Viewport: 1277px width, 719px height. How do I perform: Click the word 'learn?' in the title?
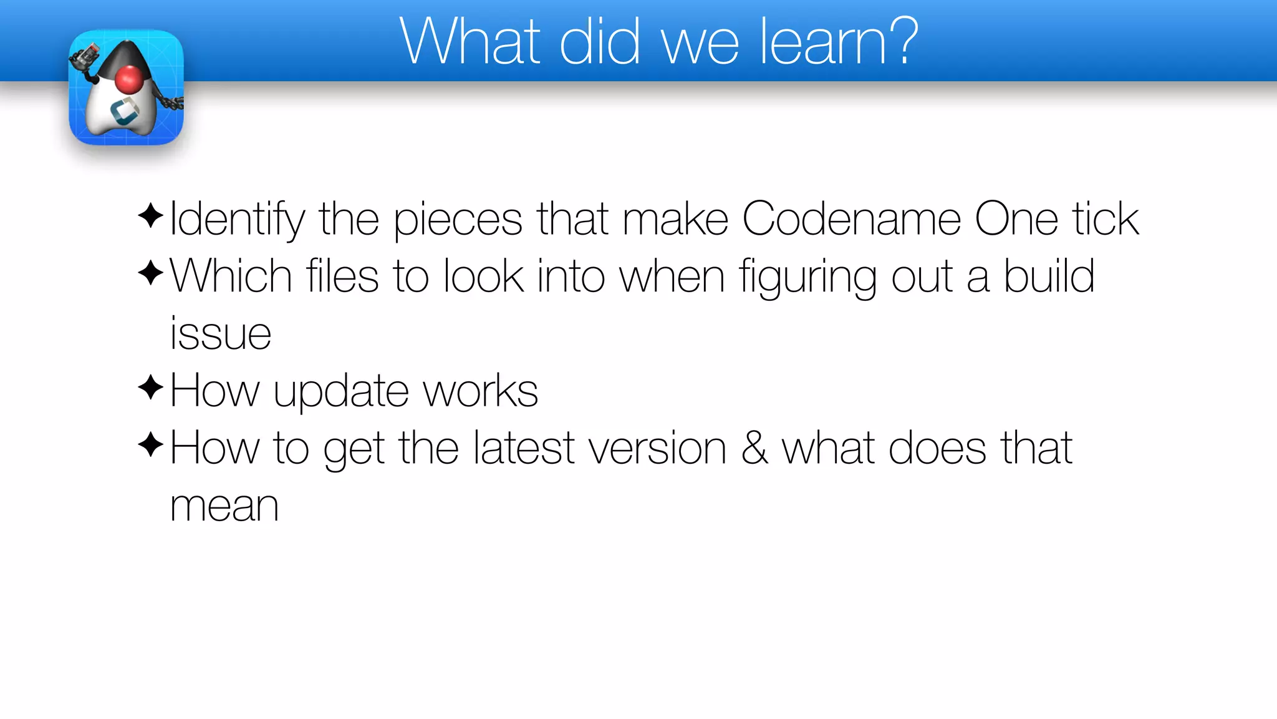point(839,42)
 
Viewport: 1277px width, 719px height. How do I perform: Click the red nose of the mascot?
point(130,80)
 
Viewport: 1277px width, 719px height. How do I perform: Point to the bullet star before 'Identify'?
point(150,216)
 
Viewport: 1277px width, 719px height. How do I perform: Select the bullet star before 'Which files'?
point(150,273)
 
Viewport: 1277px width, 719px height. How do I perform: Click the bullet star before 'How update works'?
point(150,388)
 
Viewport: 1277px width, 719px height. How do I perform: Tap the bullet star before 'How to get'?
point(150,445)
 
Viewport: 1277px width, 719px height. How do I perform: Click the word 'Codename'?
point(851,219)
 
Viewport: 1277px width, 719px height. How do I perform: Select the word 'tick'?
point(1106,219)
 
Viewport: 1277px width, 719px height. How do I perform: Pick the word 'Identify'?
point(237,220)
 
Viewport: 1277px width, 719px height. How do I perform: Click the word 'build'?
point(1049,276)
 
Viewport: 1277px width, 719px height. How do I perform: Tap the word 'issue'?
point(221,333)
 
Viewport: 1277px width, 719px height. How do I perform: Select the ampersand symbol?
point(754,448)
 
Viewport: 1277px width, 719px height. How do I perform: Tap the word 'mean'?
point(224,506)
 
